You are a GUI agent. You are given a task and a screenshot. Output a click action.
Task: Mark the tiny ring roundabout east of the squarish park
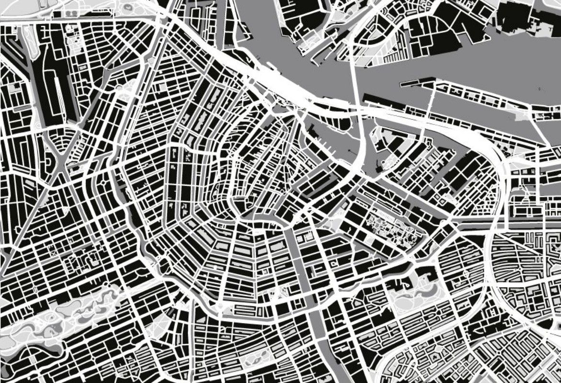coord(465,272)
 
